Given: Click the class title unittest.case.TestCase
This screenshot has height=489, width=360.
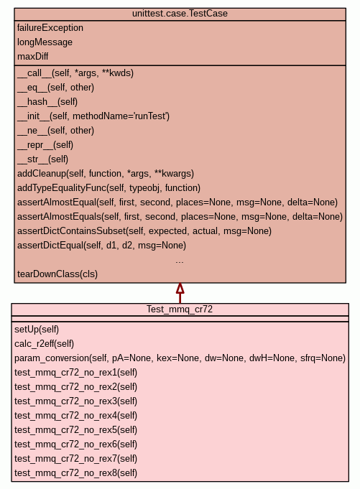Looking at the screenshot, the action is pyautogui.click(x=180, y=14).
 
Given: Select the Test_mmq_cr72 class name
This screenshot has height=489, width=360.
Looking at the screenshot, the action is pyautogui.click(x=180, y=309).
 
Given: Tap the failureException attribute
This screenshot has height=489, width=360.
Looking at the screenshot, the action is pyautogui.click(x=50, y=28).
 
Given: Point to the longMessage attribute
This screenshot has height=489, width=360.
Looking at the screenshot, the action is pyautogui.click(x=45, y=42).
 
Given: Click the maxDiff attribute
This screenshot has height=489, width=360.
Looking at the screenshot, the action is pyautogui.click(x=33, y=57).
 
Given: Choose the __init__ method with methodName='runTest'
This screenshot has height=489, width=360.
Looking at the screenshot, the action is pyautogui.click(x=93, y=116).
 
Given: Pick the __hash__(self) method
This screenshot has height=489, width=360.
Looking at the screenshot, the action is pyautogui.click(x=47, y=102).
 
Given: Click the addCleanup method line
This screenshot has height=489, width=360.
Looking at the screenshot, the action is pyautogui.click(x=106, y=173).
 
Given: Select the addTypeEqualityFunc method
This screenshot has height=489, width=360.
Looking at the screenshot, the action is pyautogui.click(x=109, y=187).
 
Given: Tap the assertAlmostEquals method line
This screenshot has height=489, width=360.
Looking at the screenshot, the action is pyautogui.click(x=180, y=216).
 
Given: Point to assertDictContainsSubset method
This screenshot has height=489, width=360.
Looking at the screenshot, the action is pyautogui.click(x=144, y=230).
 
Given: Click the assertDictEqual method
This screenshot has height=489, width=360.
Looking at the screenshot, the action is pyautogui.click(x=102, y=245).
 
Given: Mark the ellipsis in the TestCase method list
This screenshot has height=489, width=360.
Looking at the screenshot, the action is pyautogui.click(x=180, y=262).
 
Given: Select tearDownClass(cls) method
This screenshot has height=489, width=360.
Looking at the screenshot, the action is pyautogui.click(x=57, y=274).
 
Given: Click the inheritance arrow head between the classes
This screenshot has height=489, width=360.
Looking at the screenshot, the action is pyautogui.click(x=180, y=288).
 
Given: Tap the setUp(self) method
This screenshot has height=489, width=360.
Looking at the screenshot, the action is pyautogui.click(x=37, y=330).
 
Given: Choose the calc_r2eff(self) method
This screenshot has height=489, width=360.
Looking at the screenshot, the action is pyautogui.click(x=45, y=344).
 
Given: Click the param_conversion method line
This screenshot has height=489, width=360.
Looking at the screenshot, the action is pyautogui.click(x=180, y=358).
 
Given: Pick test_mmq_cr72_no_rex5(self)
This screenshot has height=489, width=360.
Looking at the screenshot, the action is pyautogui.click(x=75, y=429).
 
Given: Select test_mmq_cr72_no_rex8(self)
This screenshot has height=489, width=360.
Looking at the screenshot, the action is pyautogui.click(x=75, y=472).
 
